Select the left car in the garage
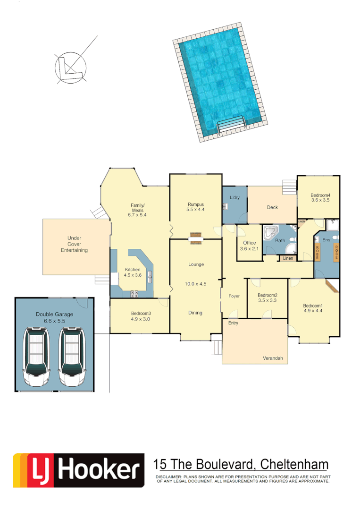[37, 357]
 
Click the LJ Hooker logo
[79, 470]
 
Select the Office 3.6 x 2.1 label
[249, 246]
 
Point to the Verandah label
[273, 359]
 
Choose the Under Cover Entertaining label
[74, 244]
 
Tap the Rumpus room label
[195, 207]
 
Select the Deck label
[272, 207]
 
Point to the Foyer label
[234, 296]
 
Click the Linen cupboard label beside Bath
[288, 258]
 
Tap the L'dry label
[234, 197]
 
